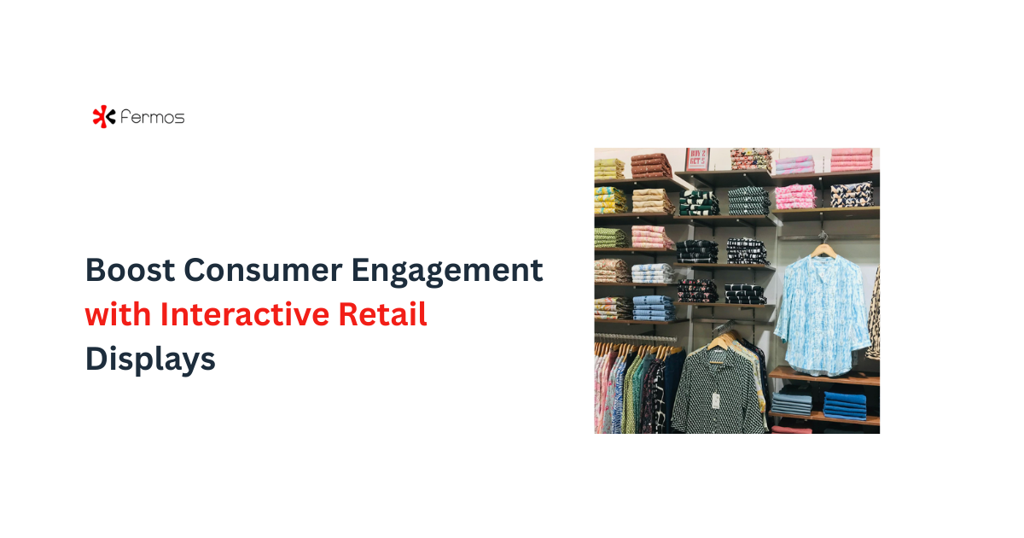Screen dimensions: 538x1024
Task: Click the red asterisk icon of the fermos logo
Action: [103, 116]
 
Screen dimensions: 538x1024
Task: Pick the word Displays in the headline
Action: [149, 360]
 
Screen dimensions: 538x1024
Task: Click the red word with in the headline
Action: [117, 315]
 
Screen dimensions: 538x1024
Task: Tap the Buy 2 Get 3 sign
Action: [697, 158]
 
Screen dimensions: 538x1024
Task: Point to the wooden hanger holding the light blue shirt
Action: [823, 247]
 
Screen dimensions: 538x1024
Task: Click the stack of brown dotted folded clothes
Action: [650, 164]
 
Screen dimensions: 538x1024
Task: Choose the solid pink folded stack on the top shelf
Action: [851, 160]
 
